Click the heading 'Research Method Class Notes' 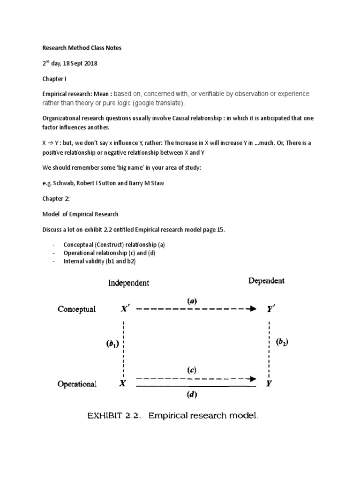pos(82,48)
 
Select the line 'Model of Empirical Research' pos(81,214)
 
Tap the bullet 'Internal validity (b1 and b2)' pos(99,261)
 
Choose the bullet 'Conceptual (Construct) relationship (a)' pos(114,245)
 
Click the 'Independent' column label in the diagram pos(129,283)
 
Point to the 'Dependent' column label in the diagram pos(266,281)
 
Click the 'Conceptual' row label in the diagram pos(76,309)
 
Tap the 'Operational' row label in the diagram pos(77,384)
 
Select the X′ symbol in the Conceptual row pos(124,309)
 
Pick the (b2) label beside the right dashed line pos(282,343)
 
